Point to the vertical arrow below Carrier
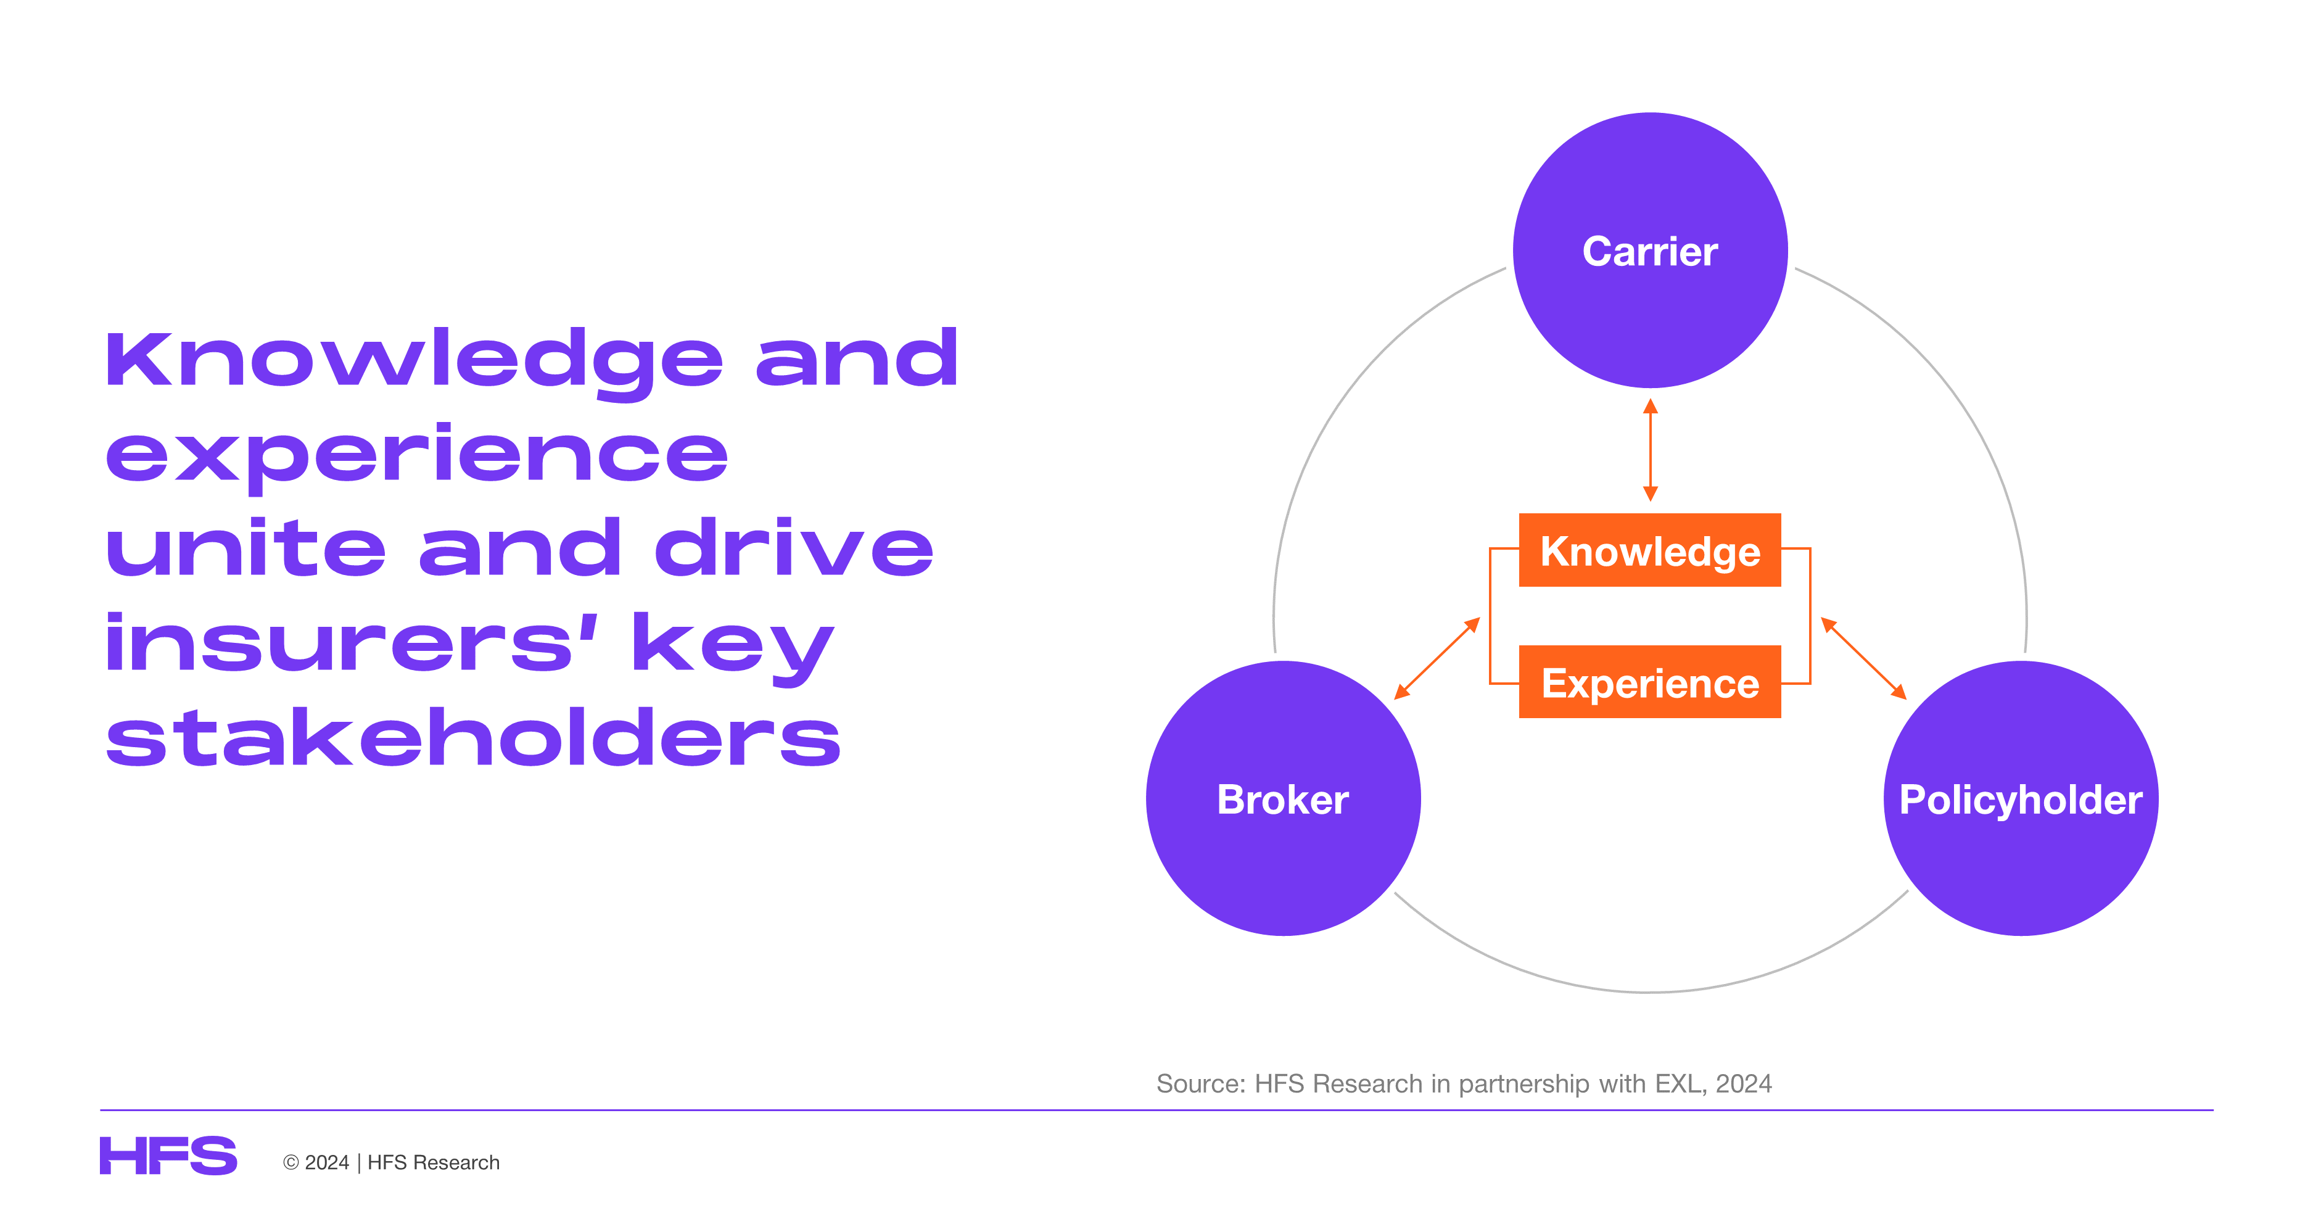coord(1651,450)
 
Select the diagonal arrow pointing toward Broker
coord(1437,658)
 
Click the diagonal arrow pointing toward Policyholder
coord(1863,658)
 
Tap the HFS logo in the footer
coord(168,1156)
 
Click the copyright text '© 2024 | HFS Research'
coord(392,1162)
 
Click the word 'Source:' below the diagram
coord(1202,1084)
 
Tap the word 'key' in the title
coord(733,648)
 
